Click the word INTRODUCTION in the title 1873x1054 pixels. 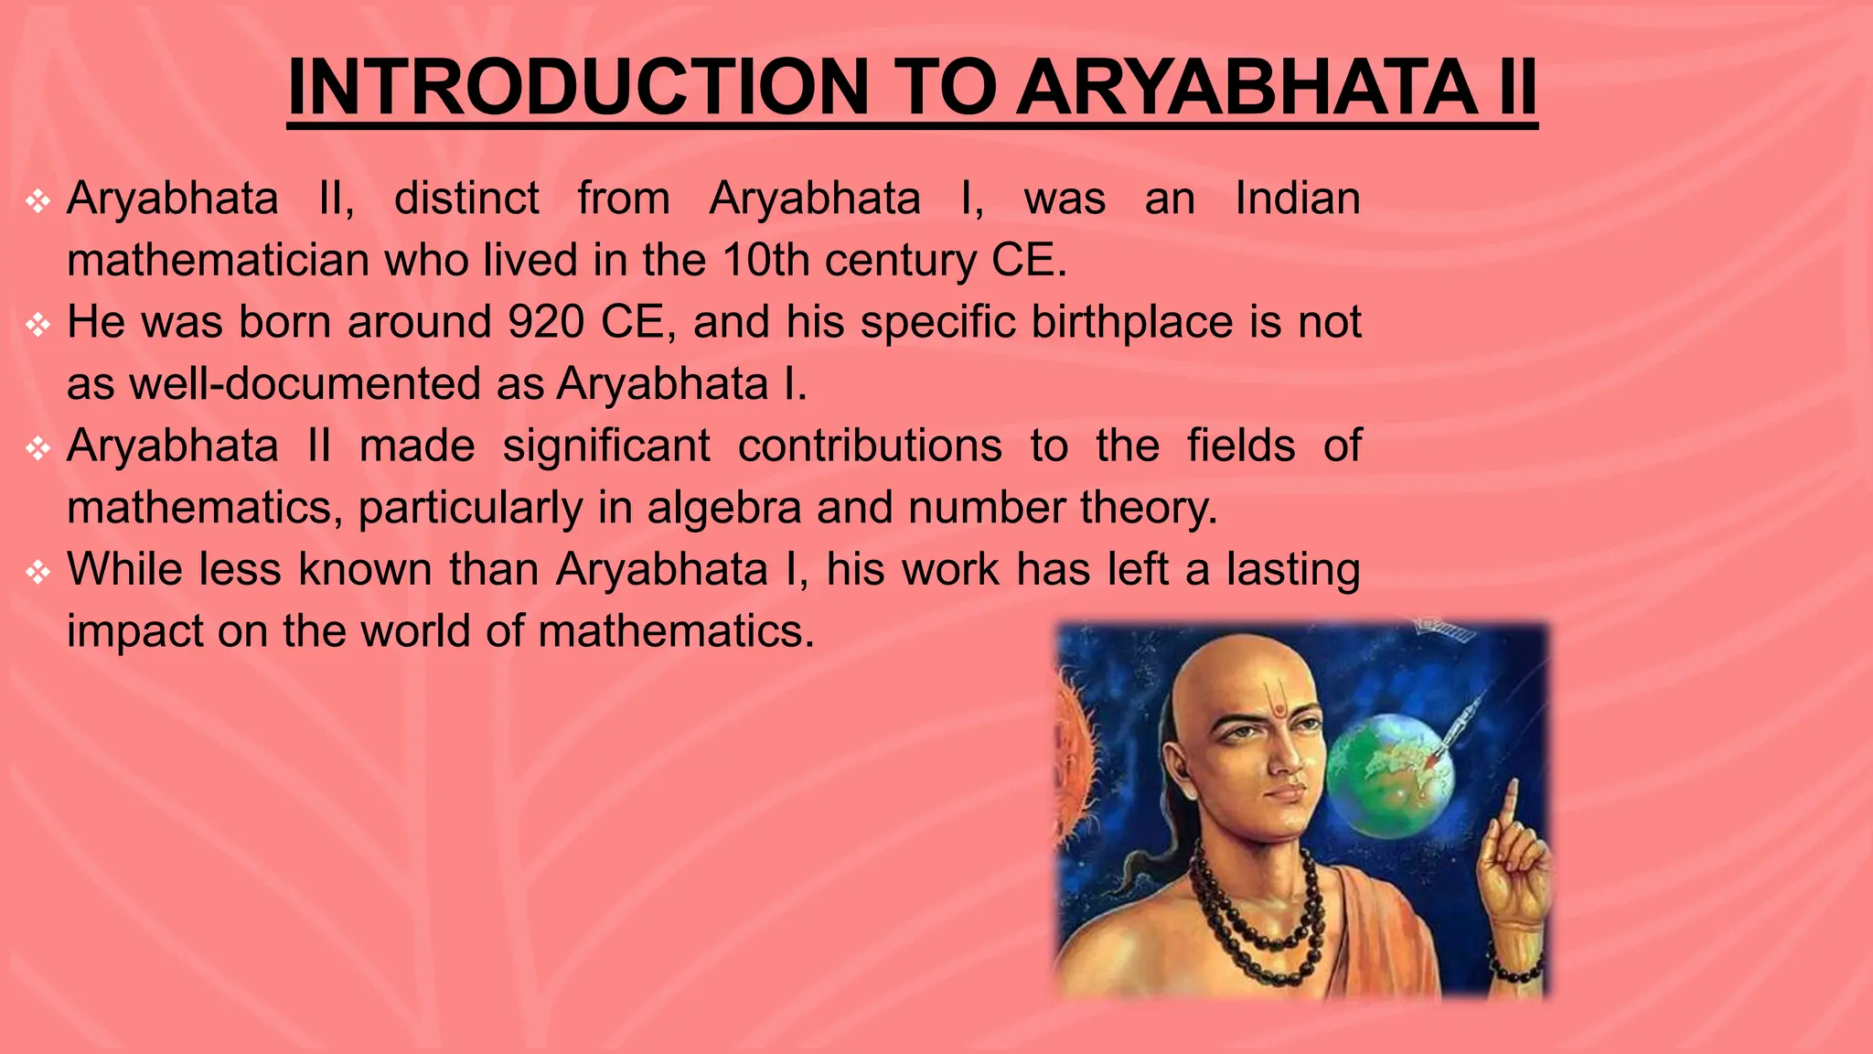point(577,88)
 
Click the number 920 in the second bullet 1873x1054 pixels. point(546,322)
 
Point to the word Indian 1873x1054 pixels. point(1297,199)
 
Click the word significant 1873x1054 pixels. point(605,446)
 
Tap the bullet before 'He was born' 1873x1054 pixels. point(37,325)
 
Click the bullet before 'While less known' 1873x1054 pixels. point(37,572)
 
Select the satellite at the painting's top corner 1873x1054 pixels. point(1444,629)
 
